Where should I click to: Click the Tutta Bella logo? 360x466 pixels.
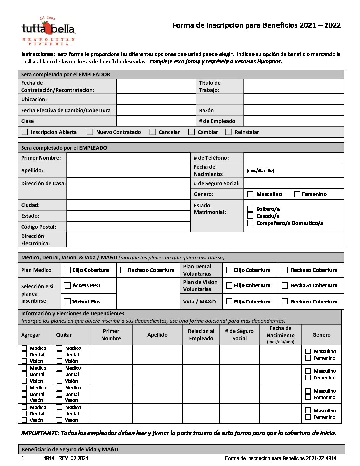pos(48,31)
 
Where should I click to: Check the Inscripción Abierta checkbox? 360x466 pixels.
pos(25,132)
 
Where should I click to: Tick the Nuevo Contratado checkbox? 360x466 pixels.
pos(90,132)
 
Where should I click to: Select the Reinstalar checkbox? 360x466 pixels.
pos(228,132)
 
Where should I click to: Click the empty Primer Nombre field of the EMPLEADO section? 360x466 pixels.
pos(128,158)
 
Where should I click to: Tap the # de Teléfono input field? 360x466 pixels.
pos(293,158)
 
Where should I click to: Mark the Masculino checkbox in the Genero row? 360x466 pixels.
pos(250,194)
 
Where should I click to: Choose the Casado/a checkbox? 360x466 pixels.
pos(250,216)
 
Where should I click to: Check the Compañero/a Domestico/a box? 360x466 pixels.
pos(250,223)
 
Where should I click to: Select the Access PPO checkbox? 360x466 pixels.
pos(67,285)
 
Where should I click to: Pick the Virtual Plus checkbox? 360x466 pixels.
pos(67,302)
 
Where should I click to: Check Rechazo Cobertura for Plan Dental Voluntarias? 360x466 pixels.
pos(285,270)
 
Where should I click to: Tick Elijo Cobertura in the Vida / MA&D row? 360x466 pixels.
pos(229,302)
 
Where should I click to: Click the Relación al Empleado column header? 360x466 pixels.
pos(201,335)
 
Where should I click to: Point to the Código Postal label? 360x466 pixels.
pos(38,227)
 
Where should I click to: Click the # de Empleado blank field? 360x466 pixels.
pos(293,121)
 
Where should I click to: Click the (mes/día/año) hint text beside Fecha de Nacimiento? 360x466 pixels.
pos(260,171)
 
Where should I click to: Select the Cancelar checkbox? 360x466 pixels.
pos(153,132)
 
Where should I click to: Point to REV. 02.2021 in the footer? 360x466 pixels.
pos(73,458)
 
